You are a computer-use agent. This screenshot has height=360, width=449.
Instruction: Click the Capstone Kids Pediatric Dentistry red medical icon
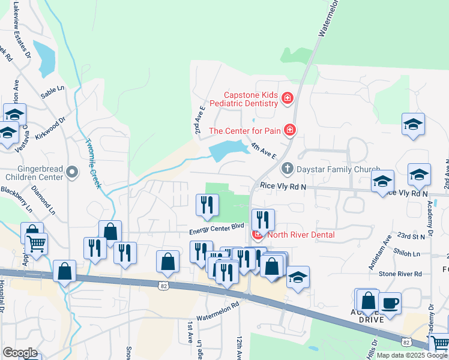(x=288, y=98)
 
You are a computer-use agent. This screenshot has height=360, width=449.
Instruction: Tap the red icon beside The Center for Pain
(x=290, y=130)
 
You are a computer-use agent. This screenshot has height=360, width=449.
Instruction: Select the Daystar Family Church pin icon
(x=288, y=168)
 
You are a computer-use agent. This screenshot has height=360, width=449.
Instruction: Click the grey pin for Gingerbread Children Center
(x=73, y=173)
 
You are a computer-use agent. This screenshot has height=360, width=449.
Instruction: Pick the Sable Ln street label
(x=52, y=89)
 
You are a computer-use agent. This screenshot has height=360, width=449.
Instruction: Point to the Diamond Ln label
(x=44, y=203)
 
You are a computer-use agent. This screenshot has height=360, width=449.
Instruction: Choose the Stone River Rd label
(x=400, y=274)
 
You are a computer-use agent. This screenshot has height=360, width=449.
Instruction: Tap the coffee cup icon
(x=390, y=303)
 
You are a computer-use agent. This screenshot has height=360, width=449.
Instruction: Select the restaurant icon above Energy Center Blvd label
(x=205, y=205)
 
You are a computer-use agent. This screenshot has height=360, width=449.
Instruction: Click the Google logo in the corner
(x=20, y=353)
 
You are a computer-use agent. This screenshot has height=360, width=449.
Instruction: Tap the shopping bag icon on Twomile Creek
(x=110, y=231)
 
